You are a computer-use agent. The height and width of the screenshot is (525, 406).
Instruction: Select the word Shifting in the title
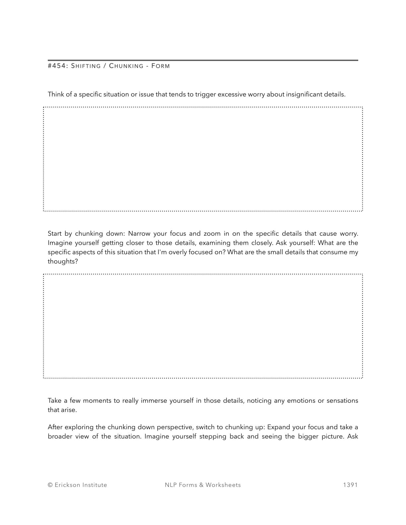click(86, 66)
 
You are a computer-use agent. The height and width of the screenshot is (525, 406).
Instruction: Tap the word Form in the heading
click(161, 66)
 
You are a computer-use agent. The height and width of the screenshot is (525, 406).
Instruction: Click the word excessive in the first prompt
click(231, 94)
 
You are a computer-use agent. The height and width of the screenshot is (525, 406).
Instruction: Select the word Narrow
click(139, 234)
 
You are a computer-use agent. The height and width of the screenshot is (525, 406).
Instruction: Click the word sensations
click(342, 401)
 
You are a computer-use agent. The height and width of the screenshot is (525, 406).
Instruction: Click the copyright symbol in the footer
click(50, 485)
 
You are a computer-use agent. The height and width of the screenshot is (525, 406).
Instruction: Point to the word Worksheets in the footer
click(223, 485)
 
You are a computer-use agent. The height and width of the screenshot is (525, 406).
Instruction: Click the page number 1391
click(350, 485)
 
